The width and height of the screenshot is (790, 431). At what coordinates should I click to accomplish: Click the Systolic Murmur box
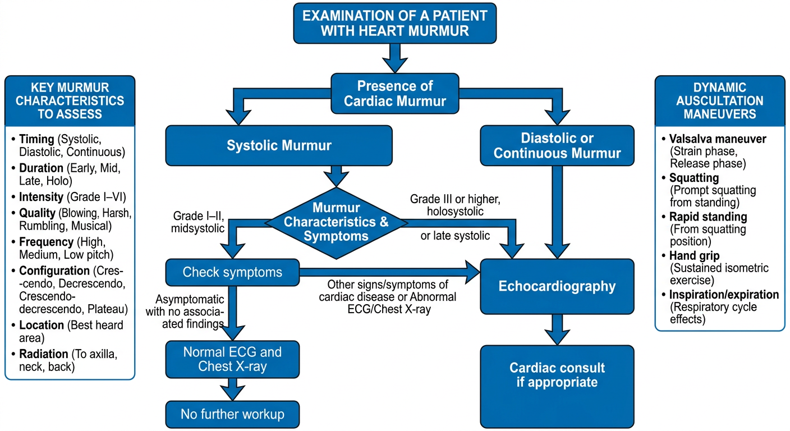279,145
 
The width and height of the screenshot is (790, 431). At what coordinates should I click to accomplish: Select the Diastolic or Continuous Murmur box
557,145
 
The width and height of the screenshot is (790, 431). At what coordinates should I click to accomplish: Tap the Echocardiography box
557,286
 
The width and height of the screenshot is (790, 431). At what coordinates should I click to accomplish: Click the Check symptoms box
232,272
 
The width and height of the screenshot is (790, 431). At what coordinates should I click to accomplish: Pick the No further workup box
232,414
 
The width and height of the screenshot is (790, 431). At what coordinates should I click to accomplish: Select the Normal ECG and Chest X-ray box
232,359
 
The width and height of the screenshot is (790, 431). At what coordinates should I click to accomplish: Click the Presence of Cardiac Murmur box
394,94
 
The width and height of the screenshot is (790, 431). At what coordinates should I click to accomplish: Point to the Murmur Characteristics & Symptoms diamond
336,223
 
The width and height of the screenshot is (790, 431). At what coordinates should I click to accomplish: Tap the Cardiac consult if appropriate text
557,375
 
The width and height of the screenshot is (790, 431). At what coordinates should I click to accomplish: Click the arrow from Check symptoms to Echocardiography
390,272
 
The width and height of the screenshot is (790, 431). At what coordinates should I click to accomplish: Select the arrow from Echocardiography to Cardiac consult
557,330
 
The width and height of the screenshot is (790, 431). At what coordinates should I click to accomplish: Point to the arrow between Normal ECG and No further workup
232,389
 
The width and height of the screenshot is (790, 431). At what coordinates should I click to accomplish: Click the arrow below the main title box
395,58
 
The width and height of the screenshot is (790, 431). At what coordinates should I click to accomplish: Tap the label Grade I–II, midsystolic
198,222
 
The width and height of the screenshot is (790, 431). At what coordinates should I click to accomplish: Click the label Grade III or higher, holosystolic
455,205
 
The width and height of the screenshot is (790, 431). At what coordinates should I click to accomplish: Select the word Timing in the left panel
36,139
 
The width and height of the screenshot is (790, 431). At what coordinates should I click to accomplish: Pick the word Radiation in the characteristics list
43,354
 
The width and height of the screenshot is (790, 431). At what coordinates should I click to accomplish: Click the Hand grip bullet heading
695,256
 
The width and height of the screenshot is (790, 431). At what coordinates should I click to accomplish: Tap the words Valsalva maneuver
718,139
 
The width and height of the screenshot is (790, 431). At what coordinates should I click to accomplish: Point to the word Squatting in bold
694,178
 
